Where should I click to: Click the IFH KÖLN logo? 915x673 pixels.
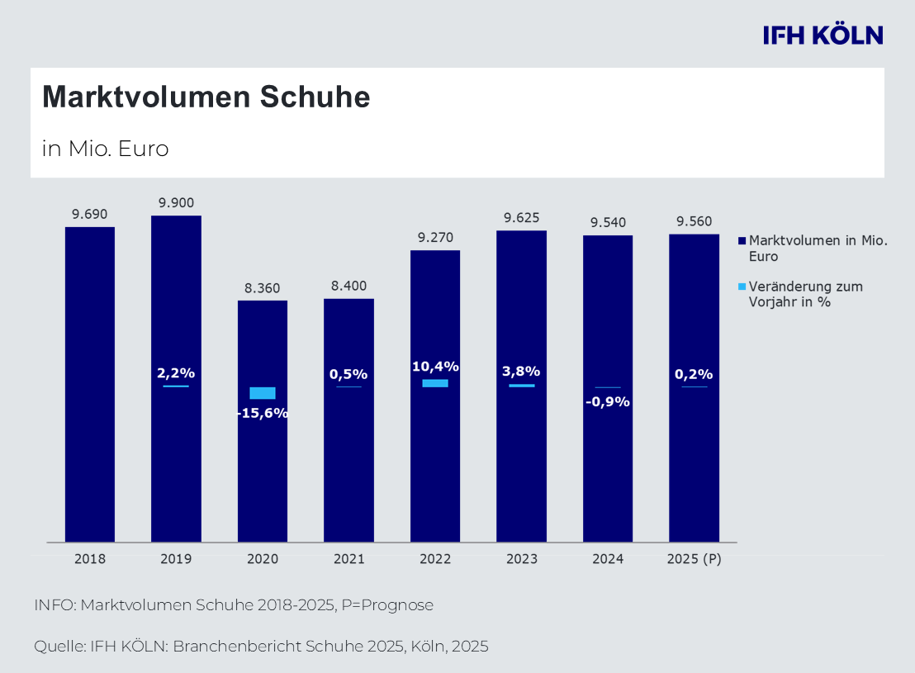click(x=823, y=35)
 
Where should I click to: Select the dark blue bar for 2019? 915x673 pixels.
click(x=176, y=462)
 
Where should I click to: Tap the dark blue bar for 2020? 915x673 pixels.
click(x=263, y=479)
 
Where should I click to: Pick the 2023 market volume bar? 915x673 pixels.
click(x=521, y=462)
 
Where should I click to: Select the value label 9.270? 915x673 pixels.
click(x=435, y=238)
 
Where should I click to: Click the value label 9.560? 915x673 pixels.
click(x=694, y=221)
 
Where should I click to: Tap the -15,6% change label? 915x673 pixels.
click(x=263, y=413)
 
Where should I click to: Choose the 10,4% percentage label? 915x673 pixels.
click(x=435, y=367)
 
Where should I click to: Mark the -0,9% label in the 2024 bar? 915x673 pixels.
click(x=608, y=402)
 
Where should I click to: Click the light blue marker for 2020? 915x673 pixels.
click(x=263, y=393)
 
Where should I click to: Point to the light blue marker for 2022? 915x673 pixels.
click(x=435, y=383)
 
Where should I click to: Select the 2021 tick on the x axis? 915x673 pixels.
click(x=348, y=559)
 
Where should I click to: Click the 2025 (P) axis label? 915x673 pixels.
click(x=694, y=559)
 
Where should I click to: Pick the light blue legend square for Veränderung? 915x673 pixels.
click(x=742, y=287)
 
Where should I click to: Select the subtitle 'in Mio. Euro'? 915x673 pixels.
click(x=105, y=149)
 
